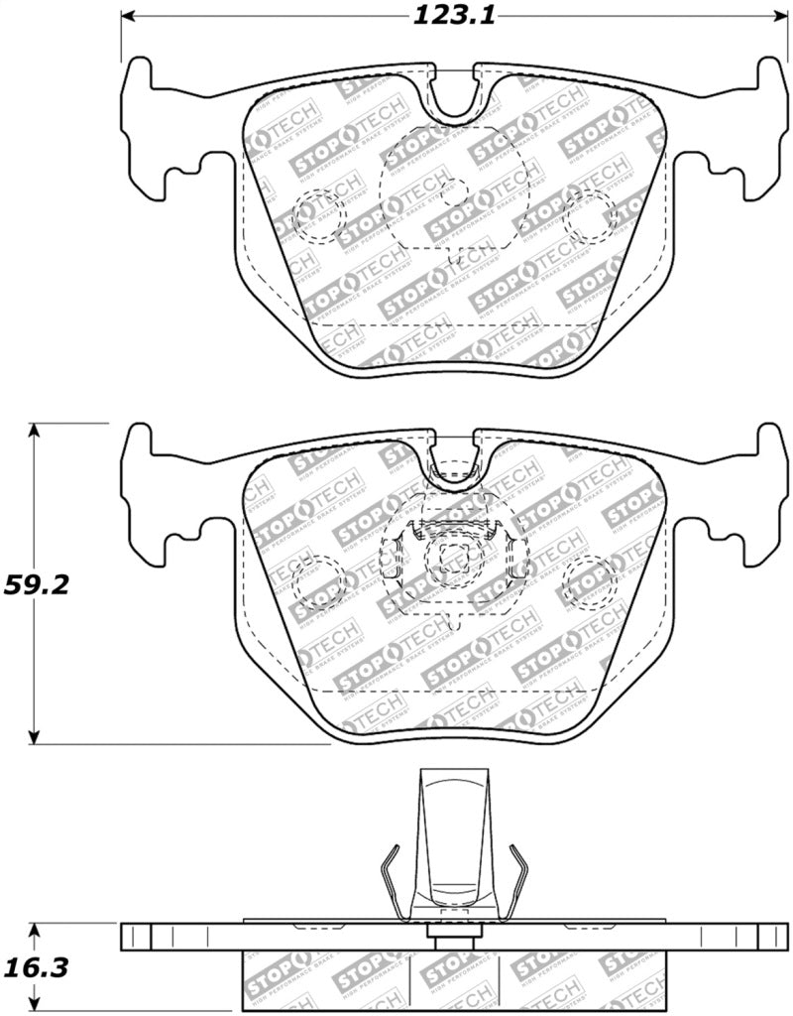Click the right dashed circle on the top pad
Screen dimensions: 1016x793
589,214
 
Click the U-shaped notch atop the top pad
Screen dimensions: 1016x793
455,94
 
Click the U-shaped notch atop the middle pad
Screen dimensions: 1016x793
455,458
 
